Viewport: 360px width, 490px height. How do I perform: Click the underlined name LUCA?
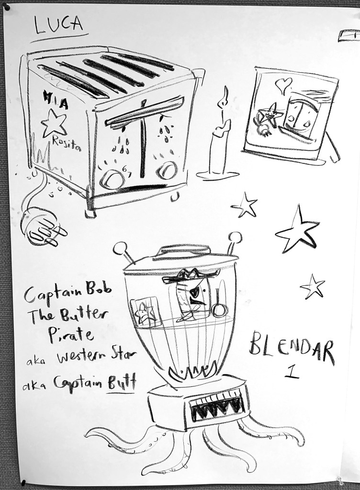click(x=59, y=25)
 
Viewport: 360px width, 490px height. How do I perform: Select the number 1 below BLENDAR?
click(x=292, y=372)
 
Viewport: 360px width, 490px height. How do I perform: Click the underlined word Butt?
click(x=122, y=383)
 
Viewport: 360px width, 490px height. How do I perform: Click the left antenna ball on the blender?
click(x=120, y=249)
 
